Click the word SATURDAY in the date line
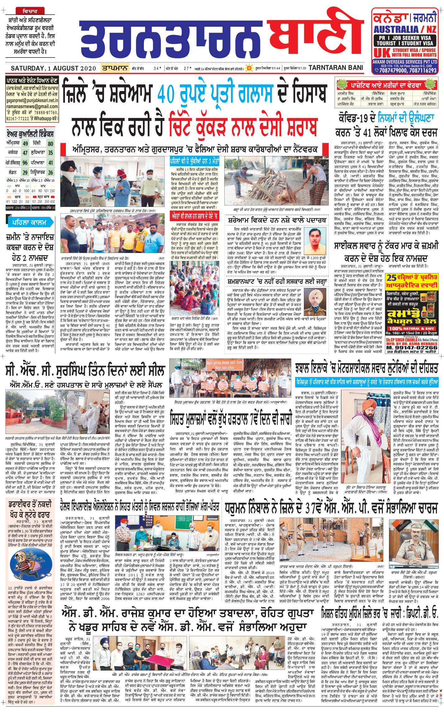[27, 68]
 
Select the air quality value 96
[25, 163]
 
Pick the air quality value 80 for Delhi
[50, 144]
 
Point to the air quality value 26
[50, 172]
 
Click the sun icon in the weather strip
[249, 68]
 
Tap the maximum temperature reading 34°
[157, 68]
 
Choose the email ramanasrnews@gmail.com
[32, 107]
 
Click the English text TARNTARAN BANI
[336, 68]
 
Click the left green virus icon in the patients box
[342, 84]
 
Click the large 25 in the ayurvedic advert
[391, 277]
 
